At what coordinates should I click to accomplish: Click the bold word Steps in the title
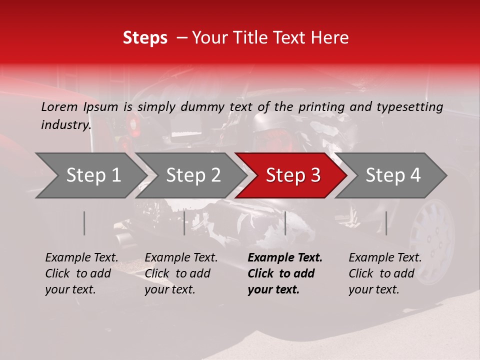click(x=145, y=38)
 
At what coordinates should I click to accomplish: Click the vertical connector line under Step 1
click(x=84, y=223)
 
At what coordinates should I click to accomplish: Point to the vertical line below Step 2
click(x=184, y=223)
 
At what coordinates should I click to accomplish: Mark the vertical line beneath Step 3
click(x=285, y=223)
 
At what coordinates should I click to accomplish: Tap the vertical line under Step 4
click(x=386, y=223)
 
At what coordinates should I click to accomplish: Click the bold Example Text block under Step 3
click(x=284, y=273)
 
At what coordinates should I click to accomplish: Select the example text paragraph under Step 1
click(x=81, y=273)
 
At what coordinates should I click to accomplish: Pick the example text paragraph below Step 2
click(x=180, y=273)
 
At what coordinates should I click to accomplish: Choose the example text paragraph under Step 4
click(x=384, y=273)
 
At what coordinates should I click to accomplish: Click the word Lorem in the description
click(x=58, y=106)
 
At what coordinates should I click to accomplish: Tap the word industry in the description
click(x=65, y=125)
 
